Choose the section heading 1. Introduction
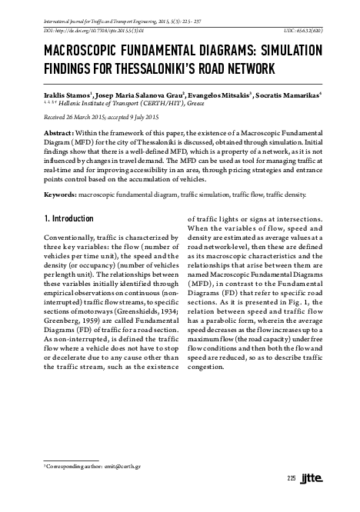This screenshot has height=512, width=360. coord(71,218)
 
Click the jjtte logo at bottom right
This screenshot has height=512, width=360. coord(315,478)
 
